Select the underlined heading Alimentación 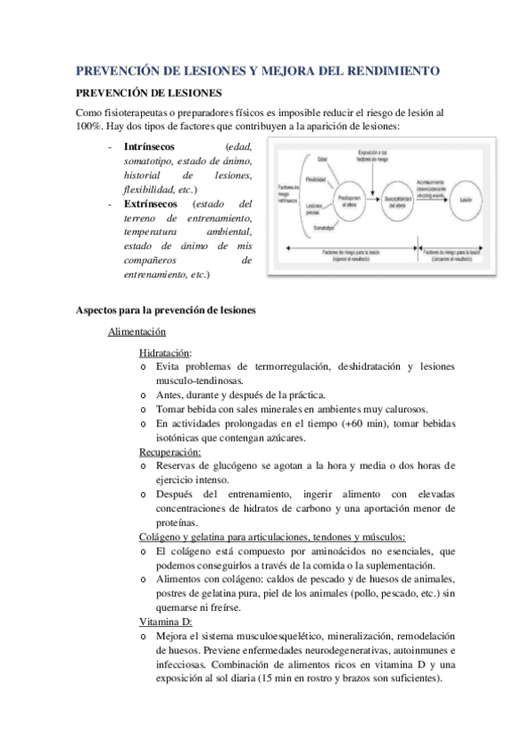pos(137,332)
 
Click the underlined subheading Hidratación pos(165,352)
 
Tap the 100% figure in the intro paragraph pos(91,128)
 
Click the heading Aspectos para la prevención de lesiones pos(166,309)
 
